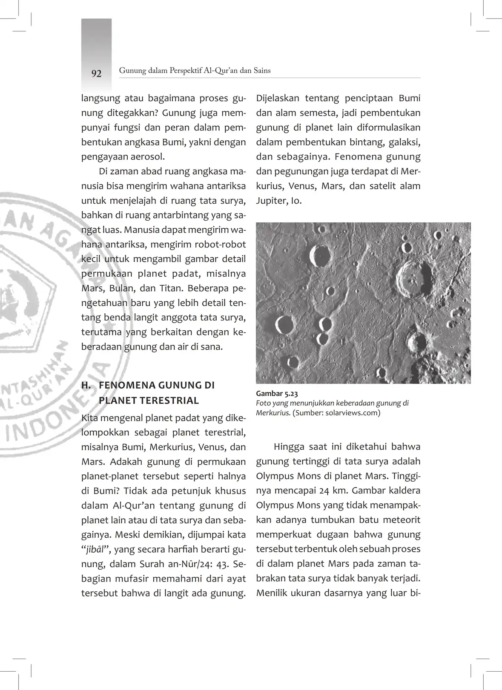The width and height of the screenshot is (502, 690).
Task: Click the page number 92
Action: point(97,74)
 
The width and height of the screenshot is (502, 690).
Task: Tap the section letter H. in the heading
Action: point(86,385)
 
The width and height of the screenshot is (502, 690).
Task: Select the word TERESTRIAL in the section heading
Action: point(149,400)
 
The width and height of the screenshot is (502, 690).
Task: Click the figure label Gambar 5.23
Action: point(277,394)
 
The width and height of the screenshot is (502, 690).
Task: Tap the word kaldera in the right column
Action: point(404,490)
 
